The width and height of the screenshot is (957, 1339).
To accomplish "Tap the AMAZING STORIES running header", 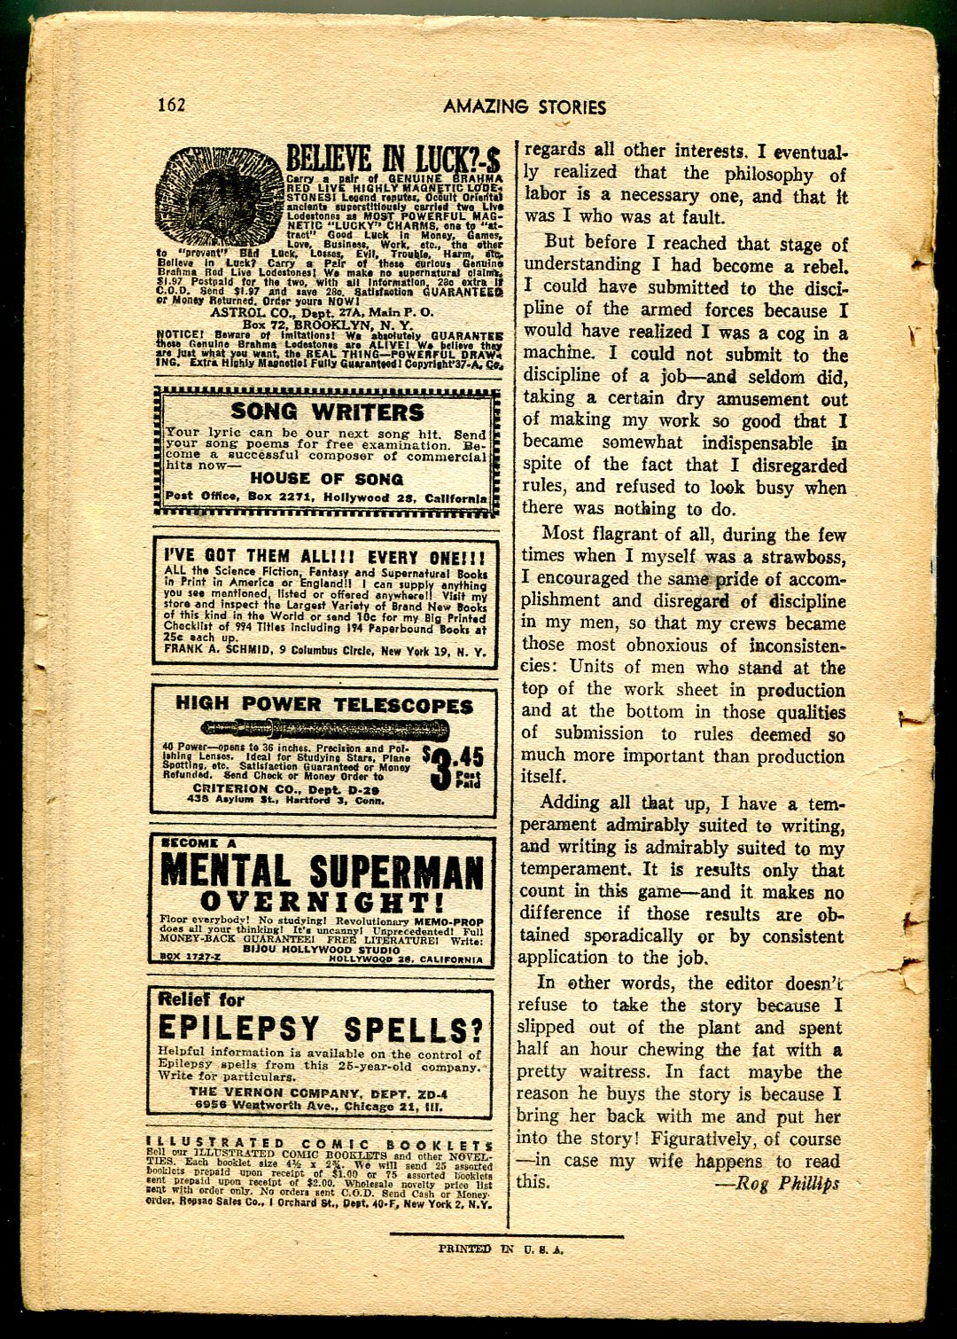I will (525, 107).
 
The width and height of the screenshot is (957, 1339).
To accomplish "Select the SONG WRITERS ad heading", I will (327, 412).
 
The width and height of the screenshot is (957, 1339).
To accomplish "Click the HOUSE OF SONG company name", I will (327, 479).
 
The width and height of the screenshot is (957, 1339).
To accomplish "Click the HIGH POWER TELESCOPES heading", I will (324, 706).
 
